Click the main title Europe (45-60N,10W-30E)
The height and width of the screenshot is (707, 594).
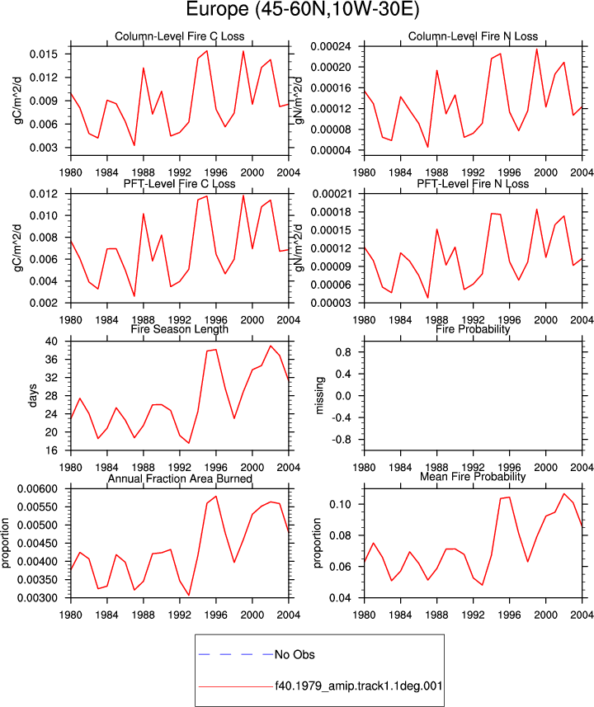pyautogui.click(x=303, y=9)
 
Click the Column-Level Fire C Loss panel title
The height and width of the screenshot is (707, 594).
pyautogui.click(x=180, y=36)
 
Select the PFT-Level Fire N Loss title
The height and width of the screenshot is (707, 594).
pyautogui.click(x=473, y=183)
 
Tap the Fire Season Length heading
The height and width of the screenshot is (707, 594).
pyautogui.click(x=180, y=329)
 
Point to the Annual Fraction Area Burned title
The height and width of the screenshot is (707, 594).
pyautogui.click(x=180, y=478)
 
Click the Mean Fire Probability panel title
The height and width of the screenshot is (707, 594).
pyautogui.click(x=473, y=477)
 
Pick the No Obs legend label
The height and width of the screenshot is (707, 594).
pyautogui.click(x=295, y=654)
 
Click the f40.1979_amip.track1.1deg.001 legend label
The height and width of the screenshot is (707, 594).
pyautogui.click(x=359, y=686)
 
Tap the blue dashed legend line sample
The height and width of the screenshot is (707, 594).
pyautogui.click(x=235, y=654)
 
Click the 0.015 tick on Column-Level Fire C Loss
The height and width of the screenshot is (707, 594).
pyautogui.click(x=44, y=54)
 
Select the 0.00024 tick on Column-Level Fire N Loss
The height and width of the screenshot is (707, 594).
pyautogui.click(x=331, y=46)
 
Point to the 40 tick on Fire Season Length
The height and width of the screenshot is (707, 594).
pyautogui.click(x=51, y=342)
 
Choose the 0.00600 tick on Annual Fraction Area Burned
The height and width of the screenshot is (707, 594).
pyautogui.click(x=37, y=488)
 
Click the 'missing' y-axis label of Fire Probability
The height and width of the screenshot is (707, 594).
pyautogui.click(x=319, y=395)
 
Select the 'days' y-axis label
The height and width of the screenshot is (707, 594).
pyautogui.click(x=32, y=395)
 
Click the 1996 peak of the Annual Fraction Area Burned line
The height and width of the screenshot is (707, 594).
pyautogui.click(x=216, y=497)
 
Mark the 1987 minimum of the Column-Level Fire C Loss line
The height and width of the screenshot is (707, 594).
pyautogui.click(x=134, y=145)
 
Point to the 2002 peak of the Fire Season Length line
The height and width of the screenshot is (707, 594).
pyautogui.click(x=271, y=346)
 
